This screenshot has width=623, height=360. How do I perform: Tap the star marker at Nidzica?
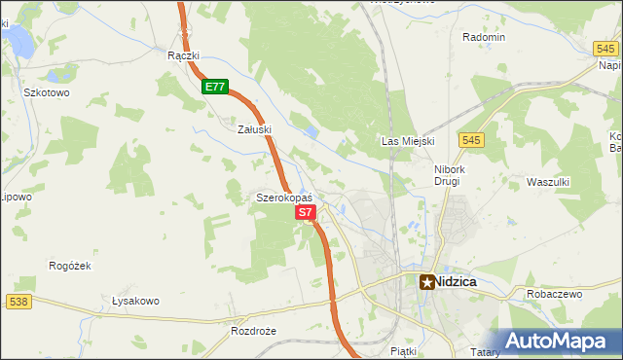(x=427, y=281)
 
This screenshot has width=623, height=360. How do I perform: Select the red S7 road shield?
(x=305, y=211)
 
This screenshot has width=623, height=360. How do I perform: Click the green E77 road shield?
(x=216, y=87)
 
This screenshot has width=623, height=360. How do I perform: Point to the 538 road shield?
(x=18, y=303)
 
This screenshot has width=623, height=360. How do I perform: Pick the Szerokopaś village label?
(x=283, y=198)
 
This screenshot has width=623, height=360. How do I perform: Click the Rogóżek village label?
(x=69, y=265)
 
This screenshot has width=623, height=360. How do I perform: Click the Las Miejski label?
(x=407, y=141)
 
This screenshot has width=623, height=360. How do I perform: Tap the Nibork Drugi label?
(x=452, y=174)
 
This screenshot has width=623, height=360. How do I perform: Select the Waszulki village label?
(x=547, y=182)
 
